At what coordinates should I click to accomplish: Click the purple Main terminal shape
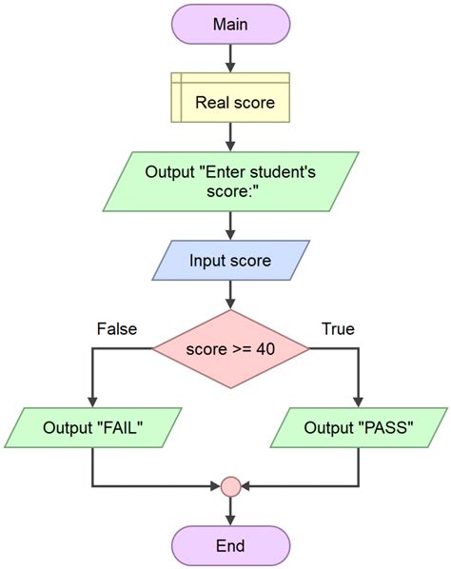230,24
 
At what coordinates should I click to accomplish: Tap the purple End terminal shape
230,545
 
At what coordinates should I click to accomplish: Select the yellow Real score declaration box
230,98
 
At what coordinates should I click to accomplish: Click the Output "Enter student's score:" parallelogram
230,183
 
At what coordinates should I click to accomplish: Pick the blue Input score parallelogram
230,261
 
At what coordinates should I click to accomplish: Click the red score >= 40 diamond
230,348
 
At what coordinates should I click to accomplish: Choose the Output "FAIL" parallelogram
92,427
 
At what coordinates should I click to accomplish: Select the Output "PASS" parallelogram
359,427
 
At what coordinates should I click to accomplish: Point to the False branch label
117,329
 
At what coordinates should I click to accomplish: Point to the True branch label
338,329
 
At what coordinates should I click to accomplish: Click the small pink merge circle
230,487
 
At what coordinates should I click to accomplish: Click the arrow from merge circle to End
230,510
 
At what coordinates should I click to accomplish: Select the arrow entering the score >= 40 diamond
230,296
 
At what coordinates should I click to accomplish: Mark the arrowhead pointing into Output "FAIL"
92,402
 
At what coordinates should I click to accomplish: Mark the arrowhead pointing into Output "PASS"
359,402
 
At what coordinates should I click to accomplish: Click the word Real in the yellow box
211,98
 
